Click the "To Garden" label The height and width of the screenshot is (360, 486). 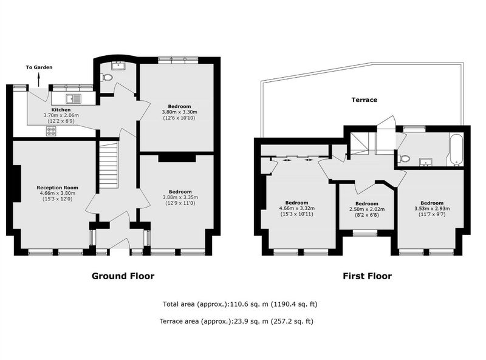tap(39, 67)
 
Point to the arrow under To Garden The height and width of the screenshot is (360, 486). tap(39, 80)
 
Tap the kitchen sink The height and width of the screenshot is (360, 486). tap(73, 98)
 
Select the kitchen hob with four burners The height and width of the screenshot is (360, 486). tap(51, 131)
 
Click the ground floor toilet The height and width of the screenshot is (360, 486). tap(107, 77)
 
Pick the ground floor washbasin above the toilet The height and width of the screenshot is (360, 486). tap(118, 66)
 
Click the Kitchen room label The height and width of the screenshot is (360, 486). tap(61, 110)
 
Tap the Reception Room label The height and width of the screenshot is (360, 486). tap(57, 188)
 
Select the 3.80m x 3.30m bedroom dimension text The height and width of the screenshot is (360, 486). tap(179, 112)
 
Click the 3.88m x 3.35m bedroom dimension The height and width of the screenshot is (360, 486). tap(180, 197)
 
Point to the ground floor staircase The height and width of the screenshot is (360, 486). tap(109, 165)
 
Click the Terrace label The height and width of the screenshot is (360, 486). tap(364, 100)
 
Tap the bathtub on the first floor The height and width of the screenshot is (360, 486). tap(457, 149)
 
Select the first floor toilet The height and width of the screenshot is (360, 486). tap(403, 158)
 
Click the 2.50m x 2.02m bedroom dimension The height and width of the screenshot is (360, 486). tap(367, 209)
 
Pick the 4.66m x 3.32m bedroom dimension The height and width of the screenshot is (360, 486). tap(297, 208)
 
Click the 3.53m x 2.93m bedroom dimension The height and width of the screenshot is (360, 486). tap(432, 209)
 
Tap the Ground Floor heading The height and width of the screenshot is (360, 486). tap(123, 276)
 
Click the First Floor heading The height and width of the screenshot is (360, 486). tap(368, 276)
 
